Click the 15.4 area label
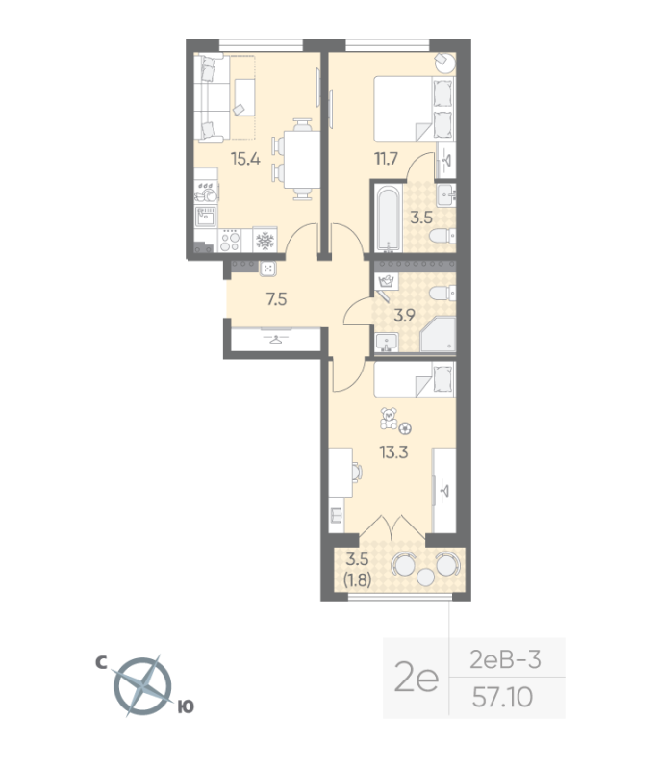pos(245,159)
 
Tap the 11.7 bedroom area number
pos(386,159)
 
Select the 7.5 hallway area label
pos(277,299)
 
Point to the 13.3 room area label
pos(394,451)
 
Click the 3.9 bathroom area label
pos(405,315)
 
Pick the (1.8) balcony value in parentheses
pos(357,580)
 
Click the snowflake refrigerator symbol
pos(265,240)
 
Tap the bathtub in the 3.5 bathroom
pos(388,218)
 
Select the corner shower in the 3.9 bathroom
pos(439,334)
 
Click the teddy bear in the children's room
pos(389,419)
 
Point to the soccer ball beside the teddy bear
pos(405,428)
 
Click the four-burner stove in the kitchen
pos(229,241)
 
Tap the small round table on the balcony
pos(425,577)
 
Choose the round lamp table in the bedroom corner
pos(445,63)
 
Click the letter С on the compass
pos(101,663)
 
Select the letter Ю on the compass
pos(186,706)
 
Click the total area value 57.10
pos(502,697)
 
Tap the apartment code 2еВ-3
pos(505,659)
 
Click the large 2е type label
pos(417,680)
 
